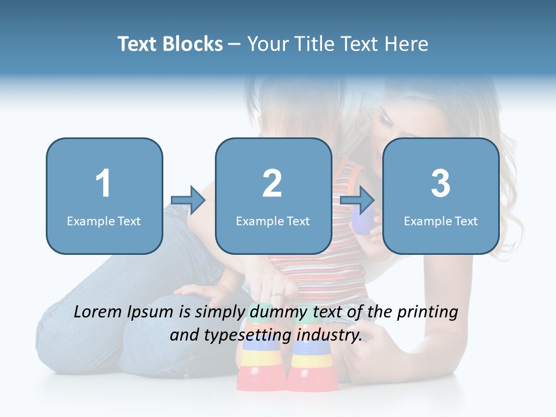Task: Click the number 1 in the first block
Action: coord(103,184)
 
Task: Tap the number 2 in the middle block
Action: coord(272,184)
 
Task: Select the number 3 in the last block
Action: coord(441,184)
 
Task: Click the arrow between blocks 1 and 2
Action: coord(188,200)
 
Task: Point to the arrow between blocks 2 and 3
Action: coord(357,200)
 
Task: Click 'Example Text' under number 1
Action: coord(104,221)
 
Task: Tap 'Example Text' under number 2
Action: coord(273,221)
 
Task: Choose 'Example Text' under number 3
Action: coord(441,221)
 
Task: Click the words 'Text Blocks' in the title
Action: coord(170,44)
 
